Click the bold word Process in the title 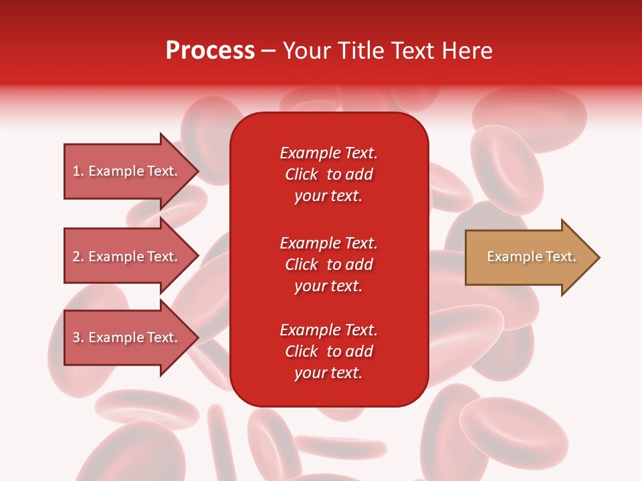[210, 51]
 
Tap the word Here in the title [466, 51]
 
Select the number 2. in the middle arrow [78, 257]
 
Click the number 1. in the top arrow [78, 171]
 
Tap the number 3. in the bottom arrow [78, 337]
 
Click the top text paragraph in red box [328, 174]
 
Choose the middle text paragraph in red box [328, 265]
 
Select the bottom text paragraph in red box [328, 351]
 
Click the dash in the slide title [268, 51]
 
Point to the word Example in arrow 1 [116, 171]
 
